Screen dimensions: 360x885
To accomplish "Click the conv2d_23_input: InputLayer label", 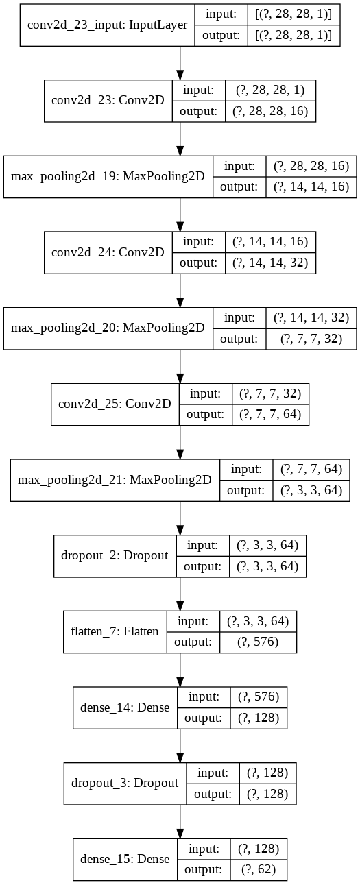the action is pos(107,25).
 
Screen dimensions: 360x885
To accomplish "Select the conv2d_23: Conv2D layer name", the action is pos(108,100).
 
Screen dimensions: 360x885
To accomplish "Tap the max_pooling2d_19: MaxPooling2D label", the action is pos(108,176).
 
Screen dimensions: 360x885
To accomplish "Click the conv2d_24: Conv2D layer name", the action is pos(108,252).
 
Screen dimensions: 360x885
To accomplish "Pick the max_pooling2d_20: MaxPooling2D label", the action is pos(108,328).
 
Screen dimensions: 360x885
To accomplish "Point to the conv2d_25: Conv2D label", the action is pos(115,404).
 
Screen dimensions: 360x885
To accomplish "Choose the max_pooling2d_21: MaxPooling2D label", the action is pos(115,480).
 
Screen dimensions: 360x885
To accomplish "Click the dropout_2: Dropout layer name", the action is pos(115,555).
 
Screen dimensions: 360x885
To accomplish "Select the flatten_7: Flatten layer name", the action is pos(115,631).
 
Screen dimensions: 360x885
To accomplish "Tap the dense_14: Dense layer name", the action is pos(125,707).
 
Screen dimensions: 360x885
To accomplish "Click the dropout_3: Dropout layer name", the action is pos(125,783).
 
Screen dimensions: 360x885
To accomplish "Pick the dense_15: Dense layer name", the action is pos(125,859).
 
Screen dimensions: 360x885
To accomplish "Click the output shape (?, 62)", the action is pos(259,870).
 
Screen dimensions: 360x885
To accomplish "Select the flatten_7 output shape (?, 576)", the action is pos(258,642).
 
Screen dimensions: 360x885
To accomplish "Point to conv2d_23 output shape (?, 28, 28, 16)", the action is pos(270,111).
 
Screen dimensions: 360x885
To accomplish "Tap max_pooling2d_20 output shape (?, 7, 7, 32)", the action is pos(311,339).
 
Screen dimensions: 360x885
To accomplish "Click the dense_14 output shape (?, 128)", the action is pos(259,718).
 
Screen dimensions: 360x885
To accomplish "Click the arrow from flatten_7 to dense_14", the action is pos(180,670).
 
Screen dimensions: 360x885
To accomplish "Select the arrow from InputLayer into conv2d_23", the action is pos(180,63).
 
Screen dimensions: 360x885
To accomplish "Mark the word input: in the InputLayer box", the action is pos(221,14).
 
